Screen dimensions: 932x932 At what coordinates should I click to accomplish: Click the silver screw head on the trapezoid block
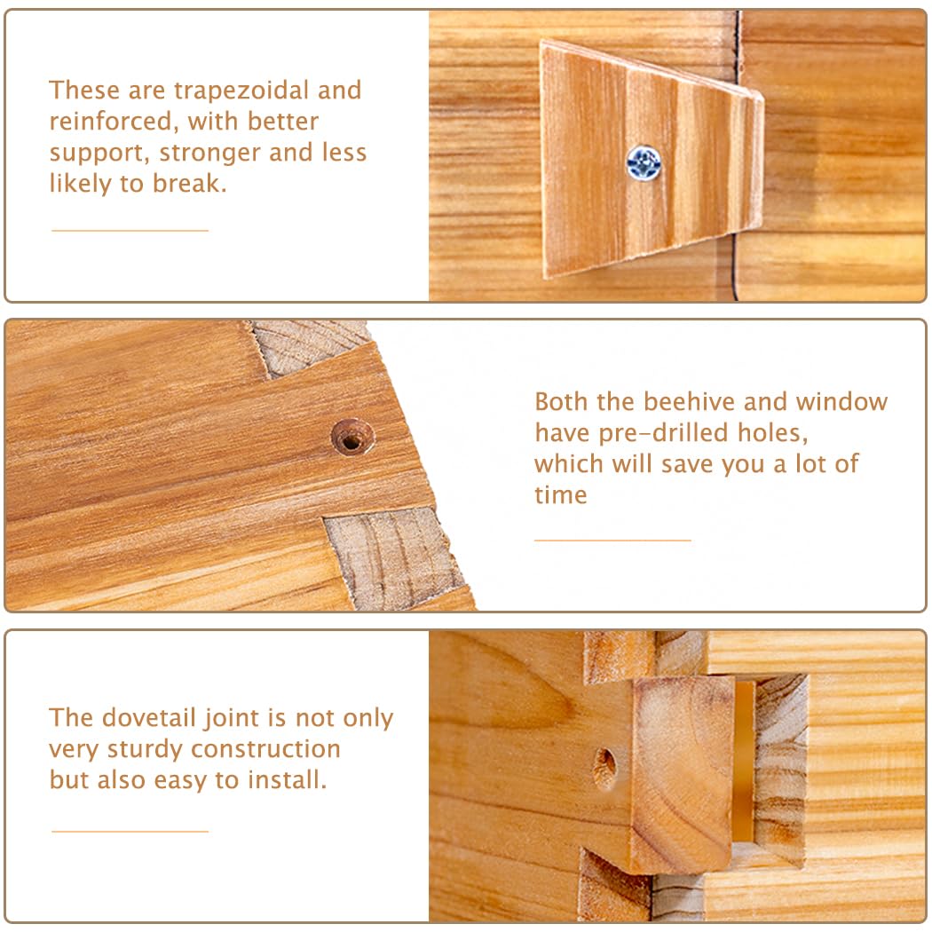644,162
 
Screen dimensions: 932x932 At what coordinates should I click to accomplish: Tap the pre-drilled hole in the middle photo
352,437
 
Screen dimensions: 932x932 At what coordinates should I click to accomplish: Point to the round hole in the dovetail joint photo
604,768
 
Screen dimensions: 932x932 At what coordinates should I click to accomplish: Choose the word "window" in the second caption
841,402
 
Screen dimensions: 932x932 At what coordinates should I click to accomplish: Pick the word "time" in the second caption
560,495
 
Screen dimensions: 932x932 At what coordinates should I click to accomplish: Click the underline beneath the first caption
130,231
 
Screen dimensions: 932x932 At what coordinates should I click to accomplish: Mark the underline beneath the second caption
612,539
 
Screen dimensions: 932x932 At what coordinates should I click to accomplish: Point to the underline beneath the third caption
130,832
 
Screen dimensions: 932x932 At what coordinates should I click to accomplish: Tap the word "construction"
265,749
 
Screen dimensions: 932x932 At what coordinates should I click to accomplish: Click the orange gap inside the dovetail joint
743,763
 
